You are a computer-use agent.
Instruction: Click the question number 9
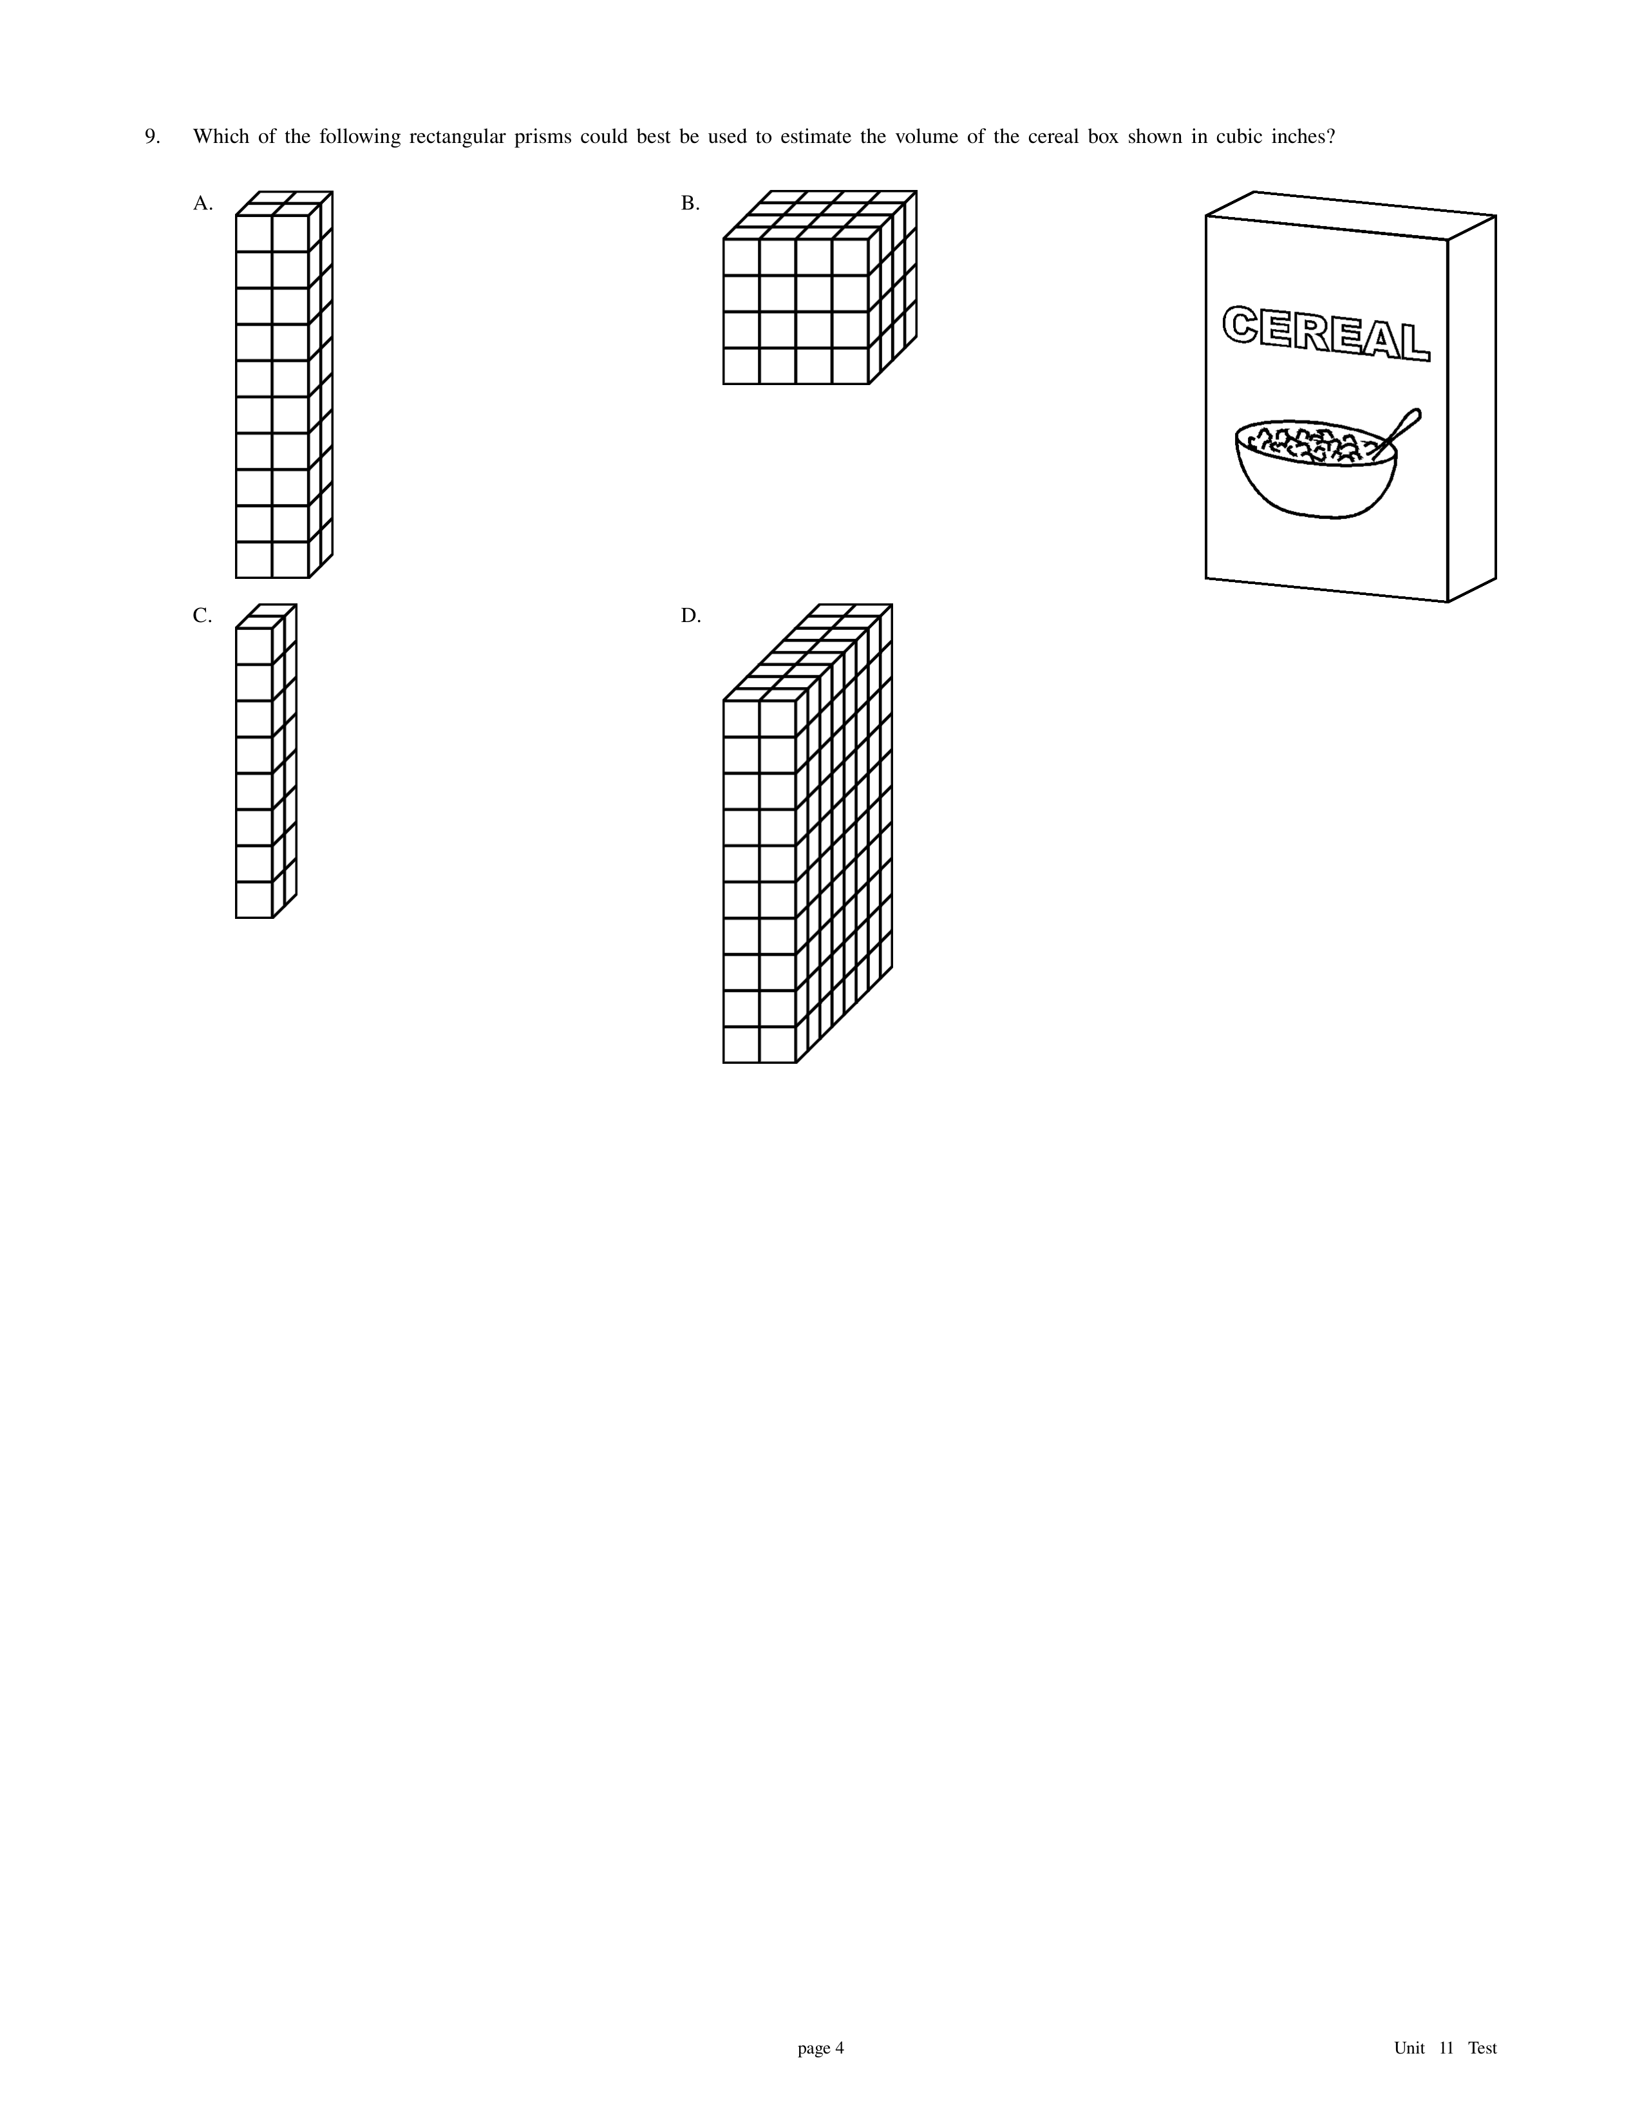click(x=152, y=137)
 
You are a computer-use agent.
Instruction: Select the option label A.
click(x=202, y=203)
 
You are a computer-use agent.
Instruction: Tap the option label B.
click(x=690, y=203)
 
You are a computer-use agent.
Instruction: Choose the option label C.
click(x=202, y=616)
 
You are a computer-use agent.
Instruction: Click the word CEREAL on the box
click(x=1326, y=333)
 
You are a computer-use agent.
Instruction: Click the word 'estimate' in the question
click(x=815, y=137)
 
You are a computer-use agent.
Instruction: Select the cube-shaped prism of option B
click(x=820, y=288)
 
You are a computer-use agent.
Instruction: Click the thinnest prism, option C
click(x=265, y=761)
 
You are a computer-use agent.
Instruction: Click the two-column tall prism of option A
click(x=284, y=384)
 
